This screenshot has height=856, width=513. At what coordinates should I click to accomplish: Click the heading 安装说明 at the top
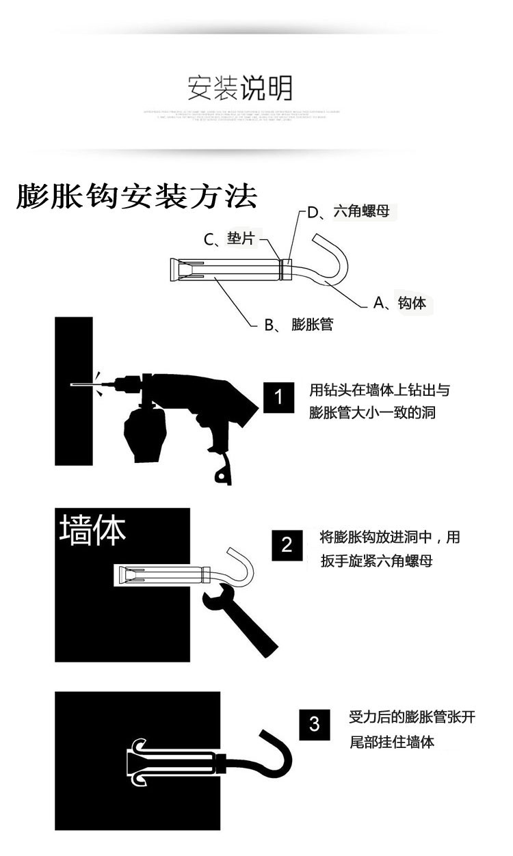pos(240,88)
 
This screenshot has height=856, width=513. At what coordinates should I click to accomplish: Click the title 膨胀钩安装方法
pos(137,198)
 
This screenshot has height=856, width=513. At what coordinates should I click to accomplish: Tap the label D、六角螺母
pos(349,212)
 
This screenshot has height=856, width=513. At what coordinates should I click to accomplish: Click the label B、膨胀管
pos(299,324)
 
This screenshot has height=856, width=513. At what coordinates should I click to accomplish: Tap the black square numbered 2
pos(287,545)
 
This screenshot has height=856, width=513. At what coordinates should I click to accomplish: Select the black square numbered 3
pos(315,724)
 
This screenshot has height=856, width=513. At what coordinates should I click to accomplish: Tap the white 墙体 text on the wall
pos(93,531)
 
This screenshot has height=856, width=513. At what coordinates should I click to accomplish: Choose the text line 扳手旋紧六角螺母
pos(376,561)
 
